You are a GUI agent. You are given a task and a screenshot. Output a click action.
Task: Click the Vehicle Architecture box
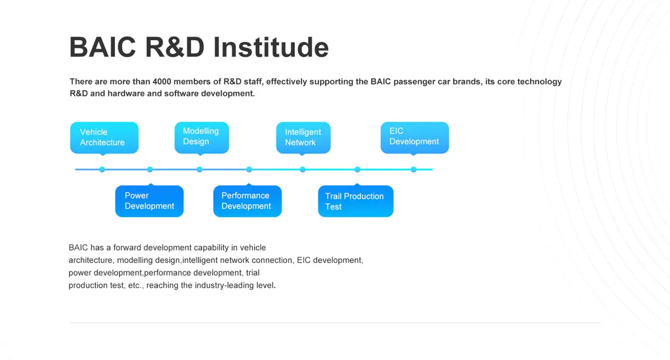coord(104,137)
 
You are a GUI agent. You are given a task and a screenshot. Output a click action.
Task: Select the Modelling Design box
coord(202,137)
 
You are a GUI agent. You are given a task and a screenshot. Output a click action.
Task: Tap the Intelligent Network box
coord(303,137)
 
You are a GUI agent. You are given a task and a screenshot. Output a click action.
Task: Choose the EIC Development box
coord(414,137)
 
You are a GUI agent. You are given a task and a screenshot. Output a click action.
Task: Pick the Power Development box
coord(149,201)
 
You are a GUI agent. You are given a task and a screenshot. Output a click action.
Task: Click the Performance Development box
coord(247,201)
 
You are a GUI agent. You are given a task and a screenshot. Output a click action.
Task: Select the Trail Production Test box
coord(356,201)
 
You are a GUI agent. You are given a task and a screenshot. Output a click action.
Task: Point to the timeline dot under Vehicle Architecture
coord(102,170)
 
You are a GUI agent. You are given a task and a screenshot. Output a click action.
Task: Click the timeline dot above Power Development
coord(150,170)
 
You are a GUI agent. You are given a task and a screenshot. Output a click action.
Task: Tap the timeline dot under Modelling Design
coord(199,170)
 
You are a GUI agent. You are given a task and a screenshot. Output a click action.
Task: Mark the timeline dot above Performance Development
coord(249,170)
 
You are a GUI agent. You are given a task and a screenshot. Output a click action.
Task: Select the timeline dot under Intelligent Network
coord(303,170)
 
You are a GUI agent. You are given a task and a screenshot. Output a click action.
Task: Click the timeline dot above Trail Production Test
coord(357,170)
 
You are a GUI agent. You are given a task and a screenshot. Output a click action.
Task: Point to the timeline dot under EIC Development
coord(414,170)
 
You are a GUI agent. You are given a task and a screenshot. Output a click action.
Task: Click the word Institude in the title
coord(271,47)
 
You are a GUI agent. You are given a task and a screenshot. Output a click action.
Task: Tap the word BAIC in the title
coord(103,47)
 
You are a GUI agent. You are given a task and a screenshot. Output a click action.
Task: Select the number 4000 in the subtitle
coord(162,81)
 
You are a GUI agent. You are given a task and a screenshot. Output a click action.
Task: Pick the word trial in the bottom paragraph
coord(253,273)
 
